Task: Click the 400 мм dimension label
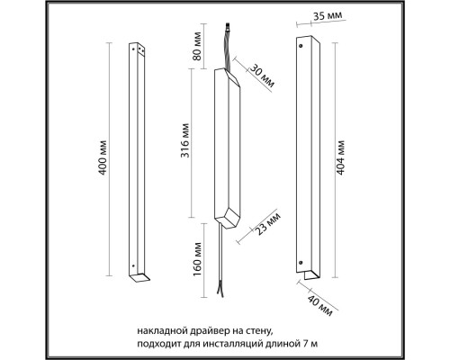[103, 157]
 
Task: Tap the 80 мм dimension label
[197, 46]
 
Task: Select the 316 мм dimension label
[185, 140]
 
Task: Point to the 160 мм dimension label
[197, 259]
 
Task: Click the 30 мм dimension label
[262, 76]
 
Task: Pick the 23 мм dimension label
[268, 224]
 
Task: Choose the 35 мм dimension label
[328, 15]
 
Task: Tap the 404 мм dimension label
[340, 157]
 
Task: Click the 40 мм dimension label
[320, 306]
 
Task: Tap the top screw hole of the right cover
[301, 46]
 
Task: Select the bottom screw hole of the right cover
[301, 262]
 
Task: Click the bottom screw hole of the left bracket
[133, 265]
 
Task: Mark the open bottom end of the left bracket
[139, 278]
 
